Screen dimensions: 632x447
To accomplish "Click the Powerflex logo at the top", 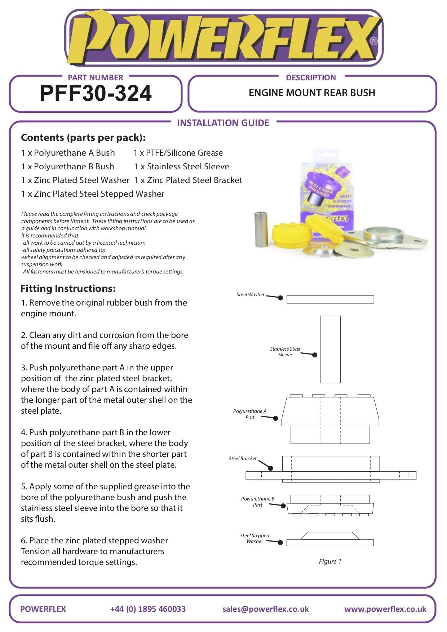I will click(223, 38).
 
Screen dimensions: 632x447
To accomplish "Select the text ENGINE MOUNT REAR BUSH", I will click(312, 93).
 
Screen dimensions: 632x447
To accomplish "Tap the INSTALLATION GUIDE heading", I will click(223, 123).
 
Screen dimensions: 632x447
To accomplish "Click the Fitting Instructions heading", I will click(68, 289).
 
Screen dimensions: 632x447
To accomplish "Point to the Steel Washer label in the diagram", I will click(250, 295).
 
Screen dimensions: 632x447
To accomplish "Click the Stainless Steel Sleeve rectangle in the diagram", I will click(330, 349).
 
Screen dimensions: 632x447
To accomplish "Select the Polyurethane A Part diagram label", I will click(250, 414).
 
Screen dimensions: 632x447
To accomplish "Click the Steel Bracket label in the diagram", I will click(243, 459).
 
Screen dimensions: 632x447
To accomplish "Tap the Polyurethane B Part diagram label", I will click(257, 502).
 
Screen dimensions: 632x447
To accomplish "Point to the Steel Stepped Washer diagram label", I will click(255, 538).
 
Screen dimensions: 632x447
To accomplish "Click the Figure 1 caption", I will click(330, 561).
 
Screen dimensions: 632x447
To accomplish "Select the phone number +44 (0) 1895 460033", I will click(148, 609).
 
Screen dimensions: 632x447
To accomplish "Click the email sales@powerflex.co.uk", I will click(266, 609).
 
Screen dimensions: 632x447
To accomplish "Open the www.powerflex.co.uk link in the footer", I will click(385, 609).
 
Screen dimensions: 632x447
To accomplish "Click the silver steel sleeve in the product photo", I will click(261, 229).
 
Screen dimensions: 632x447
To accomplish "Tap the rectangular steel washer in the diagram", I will click(330, 299).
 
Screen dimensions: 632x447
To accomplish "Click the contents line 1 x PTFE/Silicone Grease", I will click(178, 153).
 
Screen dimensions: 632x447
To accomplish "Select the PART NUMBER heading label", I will click(95, 77).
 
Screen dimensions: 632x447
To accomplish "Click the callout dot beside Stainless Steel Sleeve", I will click(315, 355).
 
